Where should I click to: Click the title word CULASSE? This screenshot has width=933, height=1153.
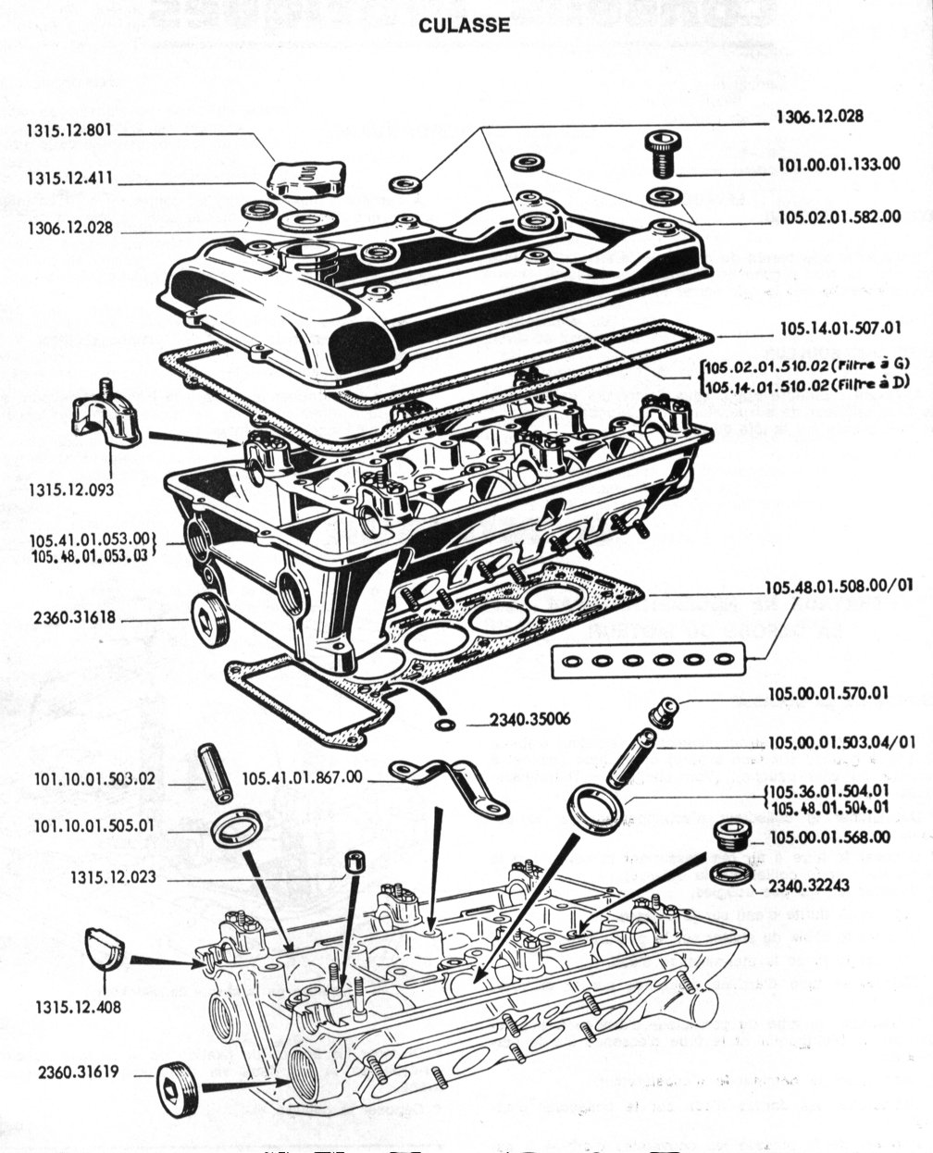coord(464,25)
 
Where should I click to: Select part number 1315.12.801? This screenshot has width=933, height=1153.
coord(69,131)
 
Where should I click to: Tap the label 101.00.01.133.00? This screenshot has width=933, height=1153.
coord(838,164)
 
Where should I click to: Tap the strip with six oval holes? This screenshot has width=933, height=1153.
coord(647,661)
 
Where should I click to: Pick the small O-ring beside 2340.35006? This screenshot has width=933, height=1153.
coord(445,723)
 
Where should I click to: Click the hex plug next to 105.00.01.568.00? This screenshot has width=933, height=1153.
coord(732,834)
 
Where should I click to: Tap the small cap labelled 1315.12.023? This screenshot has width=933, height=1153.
coord(353,862)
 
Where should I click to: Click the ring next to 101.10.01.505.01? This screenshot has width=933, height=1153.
coord(236,826)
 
